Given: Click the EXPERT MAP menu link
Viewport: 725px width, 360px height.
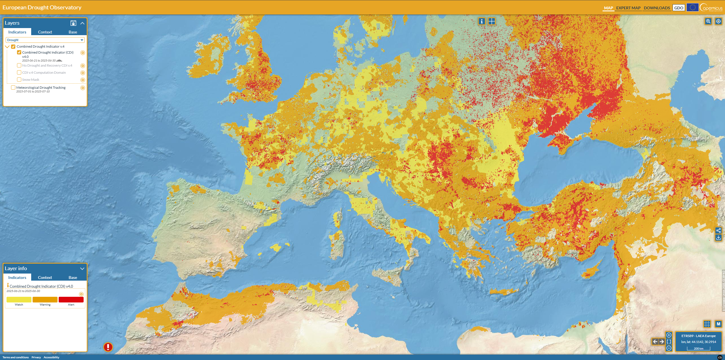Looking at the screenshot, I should (628, 8).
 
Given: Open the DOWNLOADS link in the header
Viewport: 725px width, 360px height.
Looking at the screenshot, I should (657, 8).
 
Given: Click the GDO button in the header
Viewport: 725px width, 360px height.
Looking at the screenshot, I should (679, 8).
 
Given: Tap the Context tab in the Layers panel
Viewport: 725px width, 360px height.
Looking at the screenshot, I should (45, 32).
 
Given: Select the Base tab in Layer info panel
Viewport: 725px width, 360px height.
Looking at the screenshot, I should (73, 278).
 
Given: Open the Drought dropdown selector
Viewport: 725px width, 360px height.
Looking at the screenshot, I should (45, 40).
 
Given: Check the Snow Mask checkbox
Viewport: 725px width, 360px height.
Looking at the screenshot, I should (19, 80).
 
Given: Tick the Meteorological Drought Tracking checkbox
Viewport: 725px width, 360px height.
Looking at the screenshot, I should (13, 88).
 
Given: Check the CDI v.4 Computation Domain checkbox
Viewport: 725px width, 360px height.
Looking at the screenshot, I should (19, 73).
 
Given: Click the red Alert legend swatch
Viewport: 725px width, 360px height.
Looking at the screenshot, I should (71, 300).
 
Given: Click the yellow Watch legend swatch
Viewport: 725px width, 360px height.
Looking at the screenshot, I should (19, 300).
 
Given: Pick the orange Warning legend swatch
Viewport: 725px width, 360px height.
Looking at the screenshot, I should (45, 300).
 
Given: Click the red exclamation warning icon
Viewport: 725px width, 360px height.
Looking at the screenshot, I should (108, 347).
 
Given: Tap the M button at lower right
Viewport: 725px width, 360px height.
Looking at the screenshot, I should (718, 324).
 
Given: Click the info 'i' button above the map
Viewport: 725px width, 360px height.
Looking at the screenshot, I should (482, 21).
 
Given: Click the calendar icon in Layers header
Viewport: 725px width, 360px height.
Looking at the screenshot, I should (73, 23).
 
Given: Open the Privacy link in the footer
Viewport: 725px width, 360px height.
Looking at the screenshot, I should (36, 357).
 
